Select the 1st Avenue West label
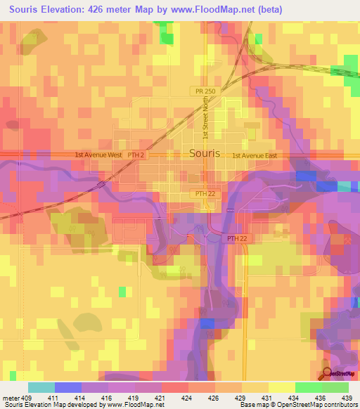click(99, 155)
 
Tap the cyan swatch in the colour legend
click(41, 387)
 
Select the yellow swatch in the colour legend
click(281, 387)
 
